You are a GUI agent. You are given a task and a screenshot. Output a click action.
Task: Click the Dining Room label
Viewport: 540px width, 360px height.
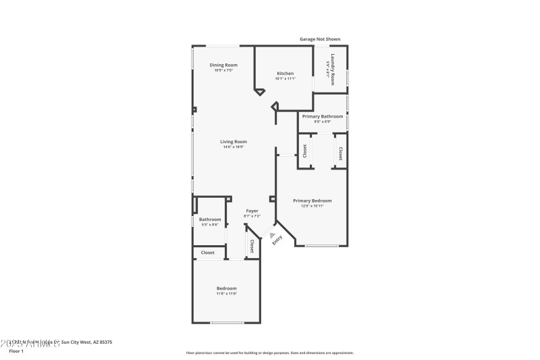tap(223, 65)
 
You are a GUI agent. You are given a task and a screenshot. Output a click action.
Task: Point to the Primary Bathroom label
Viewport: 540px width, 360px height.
tap(322, 116)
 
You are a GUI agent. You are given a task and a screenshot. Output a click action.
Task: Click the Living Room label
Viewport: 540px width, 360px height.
tap(234, 141)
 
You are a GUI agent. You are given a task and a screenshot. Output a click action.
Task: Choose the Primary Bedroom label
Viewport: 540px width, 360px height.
tap(312, 201)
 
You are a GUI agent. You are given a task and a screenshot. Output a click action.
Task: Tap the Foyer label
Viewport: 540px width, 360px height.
tap(252, 211)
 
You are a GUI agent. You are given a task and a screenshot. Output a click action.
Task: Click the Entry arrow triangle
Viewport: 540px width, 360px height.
tap(273, 236)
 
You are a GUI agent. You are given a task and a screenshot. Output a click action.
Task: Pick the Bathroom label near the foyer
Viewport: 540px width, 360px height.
tap(210, 219)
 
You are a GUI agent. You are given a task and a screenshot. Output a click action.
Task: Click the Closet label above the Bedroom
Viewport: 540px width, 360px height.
tap(207, 253)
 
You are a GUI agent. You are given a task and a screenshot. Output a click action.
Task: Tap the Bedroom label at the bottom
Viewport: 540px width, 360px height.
tap(226, 288)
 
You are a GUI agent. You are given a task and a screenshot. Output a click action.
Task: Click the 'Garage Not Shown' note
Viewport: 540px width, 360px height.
tap(323, 39)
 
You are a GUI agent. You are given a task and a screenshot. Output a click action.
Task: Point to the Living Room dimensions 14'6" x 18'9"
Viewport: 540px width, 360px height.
tap(234, 147)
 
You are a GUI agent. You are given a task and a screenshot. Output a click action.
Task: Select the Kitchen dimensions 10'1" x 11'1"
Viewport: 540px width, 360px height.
tap(286, 78)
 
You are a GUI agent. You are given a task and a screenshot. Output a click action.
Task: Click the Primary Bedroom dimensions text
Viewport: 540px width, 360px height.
tap(312, 206)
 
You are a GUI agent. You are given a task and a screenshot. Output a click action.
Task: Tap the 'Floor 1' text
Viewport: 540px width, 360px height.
tap(16, 351)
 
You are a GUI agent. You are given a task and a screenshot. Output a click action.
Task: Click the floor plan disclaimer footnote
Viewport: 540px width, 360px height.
tap(269, 353)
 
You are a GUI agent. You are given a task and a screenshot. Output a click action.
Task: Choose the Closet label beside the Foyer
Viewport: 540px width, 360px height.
tap(252, 246)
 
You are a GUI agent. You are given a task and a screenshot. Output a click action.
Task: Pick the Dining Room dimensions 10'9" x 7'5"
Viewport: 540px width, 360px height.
tap(223, 70)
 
